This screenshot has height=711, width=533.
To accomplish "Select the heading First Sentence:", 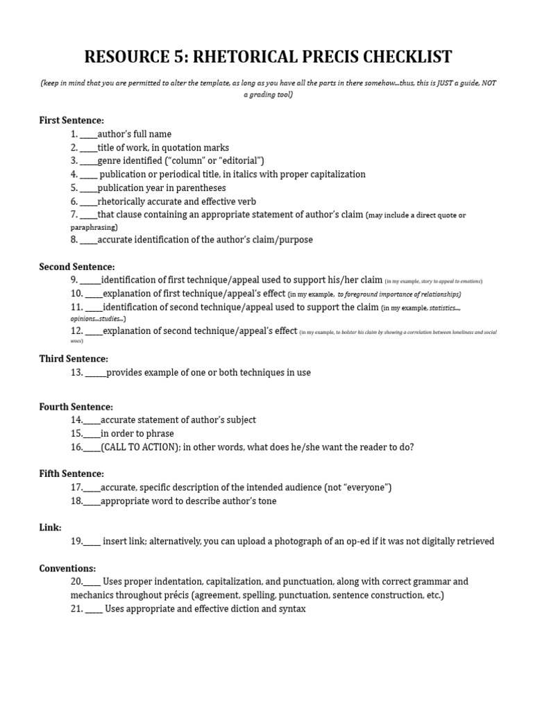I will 71,120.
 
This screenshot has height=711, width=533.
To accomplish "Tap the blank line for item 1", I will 88,134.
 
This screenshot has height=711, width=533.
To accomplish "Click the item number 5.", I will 74,188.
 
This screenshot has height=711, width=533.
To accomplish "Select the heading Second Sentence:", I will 77,267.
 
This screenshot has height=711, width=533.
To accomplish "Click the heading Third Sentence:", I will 74,359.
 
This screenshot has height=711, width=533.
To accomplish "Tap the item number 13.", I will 76,373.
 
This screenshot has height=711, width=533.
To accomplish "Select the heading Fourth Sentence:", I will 76,407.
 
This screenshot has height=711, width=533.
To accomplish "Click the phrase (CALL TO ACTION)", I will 142,447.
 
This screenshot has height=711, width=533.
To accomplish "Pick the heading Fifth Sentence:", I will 71,474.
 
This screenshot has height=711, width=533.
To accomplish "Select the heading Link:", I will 51,528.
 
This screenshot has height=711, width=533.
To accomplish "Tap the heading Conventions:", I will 67,568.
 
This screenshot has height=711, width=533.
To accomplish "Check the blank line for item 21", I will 94,609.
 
